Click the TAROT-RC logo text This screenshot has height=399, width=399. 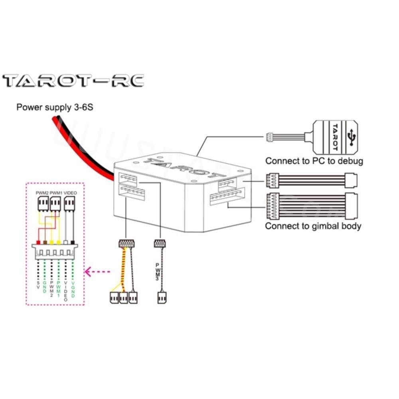click(x=73, y=81)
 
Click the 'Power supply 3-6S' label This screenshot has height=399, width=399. click(x=55, y=107)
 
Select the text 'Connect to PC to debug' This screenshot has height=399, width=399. click(x=314, y=161)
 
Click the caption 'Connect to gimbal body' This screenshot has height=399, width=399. click(x=313, y=226)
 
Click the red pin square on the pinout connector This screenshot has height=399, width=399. click(x=38, y=242)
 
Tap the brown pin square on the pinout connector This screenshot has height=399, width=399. click(x=45, y=242)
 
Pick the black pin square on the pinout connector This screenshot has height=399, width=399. click(x=72, y=242)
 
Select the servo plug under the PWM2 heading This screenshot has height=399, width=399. click(x=42, y=204)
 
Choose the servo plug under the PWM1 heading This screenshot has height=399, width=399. click(x=56, y=204)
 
